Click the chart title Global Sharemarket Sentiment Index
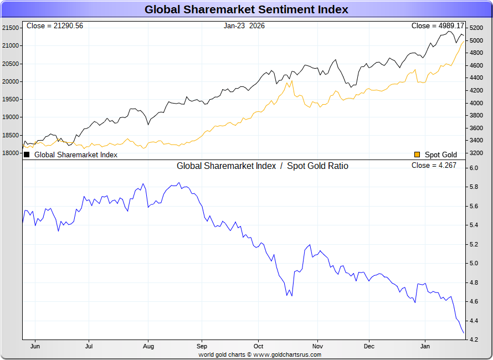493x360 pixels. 247,9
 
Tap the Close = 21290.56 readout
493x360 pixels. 54,26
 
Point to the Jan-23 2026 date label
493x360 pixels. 244,26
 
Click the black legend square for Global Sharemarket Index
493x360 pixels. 27,155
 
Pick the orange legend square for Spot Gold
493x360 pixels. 417,155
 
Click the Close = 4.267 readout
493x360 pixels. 434,166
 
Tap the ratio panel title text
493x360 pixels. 263,166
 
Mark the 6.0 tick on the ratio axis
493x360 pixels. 474,168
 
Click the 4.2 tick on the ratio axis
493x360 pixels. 474,340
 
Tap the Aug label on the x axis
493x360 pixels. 148,346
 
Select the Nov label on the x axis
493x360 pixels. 317,346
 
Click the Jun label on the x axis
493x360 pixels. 35,346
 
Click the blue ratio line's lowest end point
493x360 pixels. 464,333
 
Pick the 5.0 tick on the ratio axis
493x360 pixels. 474,264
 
